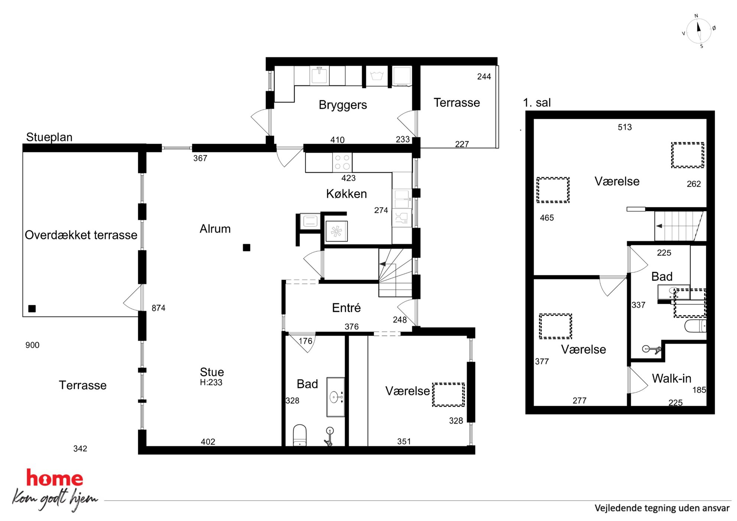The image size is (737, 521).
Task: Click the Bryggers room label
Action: pos(342,105)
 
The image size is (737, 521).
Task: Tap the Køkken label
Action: pos(346,194)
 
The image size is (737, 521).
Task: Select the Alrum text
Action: pos(215,229)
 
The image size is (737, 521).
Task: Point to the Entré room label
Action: pos(346,308)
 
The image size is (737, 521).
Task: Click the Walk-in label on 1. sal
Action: pos(672,378)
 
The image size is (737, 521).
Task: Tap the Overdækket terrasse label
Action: pos(81,235)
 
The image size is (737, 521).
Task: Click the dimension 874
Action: pos(159,308)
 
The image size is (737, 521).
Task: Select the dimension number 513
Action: pos(625,127)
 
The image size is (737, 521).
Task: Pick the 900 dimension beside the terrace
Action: pos(32,345)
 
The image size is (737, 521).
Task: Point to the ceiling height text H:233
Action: pos(211,382)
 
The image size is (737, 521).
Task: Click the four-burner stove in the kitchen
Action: pos(342,162)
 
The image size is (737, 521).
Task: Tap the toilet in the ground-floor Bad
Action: pos(300,435)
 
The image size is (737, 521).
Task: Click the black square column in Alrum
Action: pos(246,248)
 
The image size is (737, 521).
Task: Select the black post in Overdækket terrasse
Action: pos(32,309)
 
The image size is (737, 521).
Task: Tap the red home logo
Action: pos(55,478)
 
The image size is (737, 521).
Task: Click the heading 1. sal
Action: pos(537,103)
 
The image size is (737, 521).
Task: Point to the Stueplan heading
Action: pos(49,137)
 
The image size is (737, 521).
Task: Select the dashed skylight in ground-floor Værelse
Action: pos(448,395)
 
